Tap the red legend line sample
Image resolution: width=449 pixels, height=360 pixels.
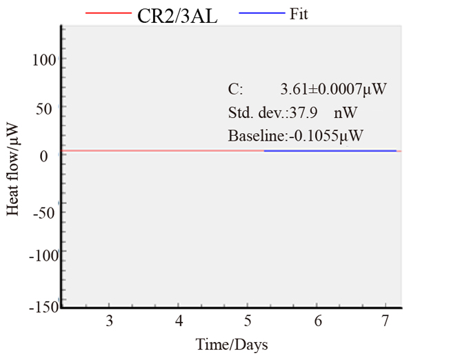108,14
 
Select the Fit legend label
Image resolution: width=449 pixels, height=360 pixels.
299,13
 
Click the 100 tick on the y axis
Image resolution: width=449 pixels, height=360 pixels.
45,59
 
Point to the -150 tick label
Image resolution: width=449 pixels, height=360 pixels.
42,306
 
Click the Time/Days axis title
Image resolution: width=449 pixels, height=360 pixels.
232,344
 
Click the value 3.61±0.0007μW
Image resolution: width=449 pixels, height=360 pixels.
332,89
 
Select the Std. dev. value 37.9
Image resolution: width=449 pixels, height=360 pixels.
306,112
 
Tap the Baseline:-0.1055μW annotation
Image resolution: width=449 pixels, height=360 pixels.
296,136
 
